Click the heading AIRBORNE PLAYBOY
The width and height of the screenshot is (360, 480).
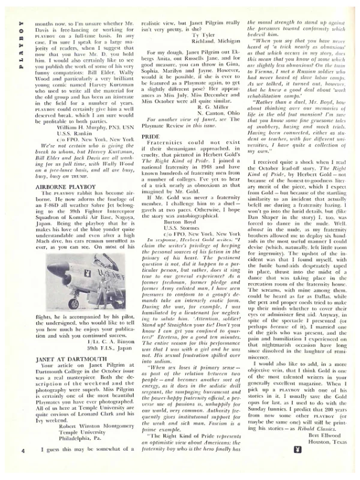[x=52, y=169]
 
